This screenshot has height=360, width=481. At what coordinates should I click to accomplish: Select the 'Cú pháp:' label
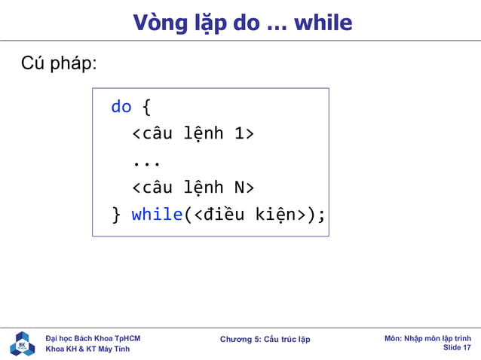pyautogui.click(x=59, y=63)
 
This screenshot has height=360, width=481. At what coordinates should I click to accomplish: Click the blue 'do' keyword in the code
pyautogui.click(x=121, y=107)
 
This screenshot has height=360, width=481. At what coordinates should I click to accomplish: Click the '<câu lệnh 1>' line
pyautogui.click(x=193, y=134)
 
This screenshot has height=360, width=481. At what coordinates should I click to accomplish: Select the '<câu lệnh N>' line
pyautogui.click(x=193, y=188)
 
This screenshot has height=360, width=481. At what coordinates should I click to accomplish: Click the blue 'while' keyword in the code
pyautogui.click(x=157, y=215)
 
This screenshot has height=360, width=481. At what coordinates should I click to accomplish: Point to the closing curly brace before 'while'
pyautogui.click(x=115, y=215)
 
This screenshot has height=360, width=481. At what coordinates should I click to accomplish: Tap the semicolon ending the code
pyautogui.click(x=322, y=215)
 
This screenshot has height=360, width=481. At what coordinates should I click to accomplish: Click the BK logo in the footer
pyautogui.click(x=22, y=343)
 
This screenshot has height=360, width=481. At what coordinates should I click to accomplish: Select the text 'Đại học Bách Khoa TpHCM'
pyautogui.click(x=93, y=338)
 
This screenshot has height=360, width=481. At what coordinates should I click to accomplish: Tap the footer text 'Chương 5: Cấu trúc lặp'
pyautogui.click(x=265, y=340)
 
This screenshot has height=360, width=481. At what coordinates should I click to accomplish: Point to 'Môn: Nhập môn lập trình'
pyautogui.click(x=427, y=338)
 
